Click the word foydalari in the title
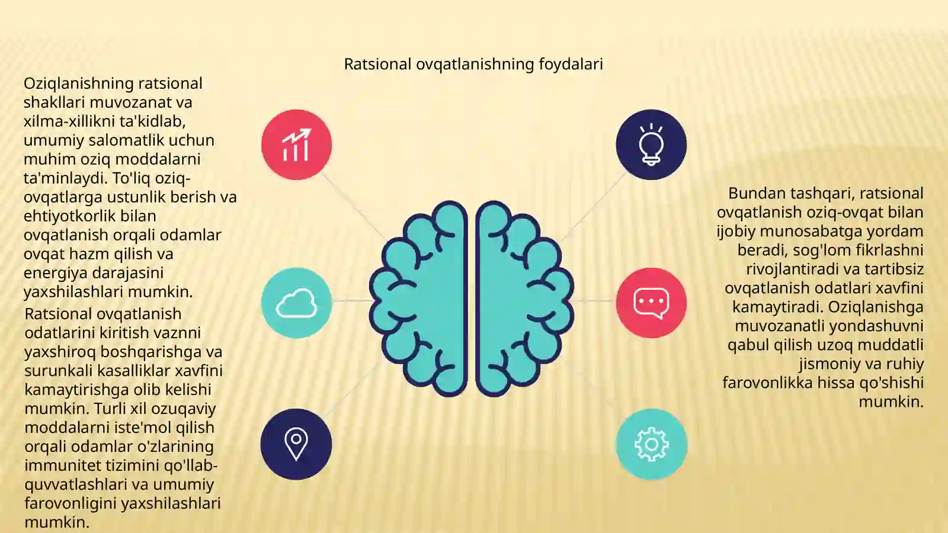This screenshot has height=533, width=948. click(571, 65)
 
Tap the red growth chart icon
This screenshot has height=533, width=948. click(296, 145)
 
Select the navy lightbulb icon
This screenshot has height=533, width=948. click(651, 145)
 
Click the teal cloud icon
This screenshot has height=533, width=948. click(296, 303)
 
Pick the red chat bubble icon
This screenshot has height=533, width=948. click(651, 303)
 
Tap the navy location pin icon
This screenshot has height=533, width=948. click(296, 444)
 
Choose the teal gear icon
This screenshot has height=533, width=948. click(651, 444)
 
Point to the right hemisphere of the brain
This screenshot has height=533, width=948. click(525, 298)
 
